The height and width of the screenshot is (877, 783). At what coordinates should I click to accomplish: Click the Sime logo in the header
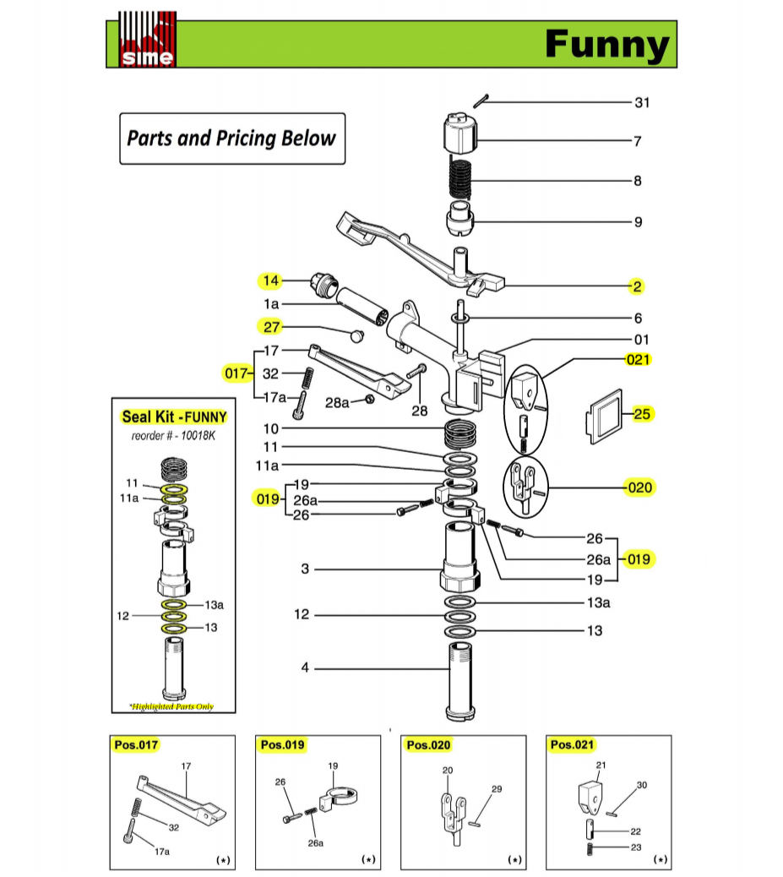(x=147, y=40)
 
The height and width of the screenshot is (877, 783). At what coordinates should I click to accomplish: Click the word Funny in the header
(x=606, y=44)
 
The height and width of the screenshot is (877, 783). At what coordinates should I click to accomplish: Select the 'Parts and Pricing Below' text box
(x=231, y=138)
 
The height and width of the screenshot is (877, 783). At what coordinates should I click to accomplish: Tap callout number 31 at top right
(x=643, y=103)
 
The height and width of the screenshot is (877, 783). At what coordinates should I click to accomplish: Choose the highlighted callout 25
(x=643, y=414)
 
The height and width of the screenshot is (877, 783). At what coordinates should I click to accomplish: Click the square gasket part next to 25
(x=604, y=415)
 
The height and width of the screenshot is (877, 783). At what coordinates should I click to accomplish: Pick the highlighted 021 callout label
(x=638, y=359)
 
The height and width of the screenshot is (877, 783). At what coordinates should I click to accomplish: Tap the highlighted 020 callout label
(x=639, y=488)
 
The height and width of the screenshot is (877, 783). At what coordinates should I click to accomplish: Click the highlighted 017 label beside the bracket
(x=235, y=373)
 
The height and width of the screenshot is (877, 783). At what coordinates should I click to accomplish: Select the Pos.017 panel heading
(x=135, y=745)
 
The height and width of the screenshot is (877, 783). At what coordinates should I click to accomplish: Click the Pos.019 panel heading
(x=281, y=745)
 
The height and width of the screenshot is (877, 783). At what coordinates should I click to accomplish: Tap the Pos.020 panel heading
(x=428, y=745)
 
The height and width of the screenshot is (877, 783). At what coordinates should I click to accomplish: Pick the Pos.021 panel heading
(x=572, y=745)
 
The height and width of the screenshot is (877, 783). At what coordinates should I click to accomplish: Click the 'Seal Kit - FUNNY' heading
(x=174, y=416)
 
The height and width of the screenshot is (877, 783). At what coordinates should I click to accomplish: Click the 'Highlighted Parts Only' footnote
(x=171, y=706)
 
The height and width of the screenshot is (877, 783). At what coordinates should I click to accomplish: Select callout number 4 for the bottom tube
(x=305, y=668)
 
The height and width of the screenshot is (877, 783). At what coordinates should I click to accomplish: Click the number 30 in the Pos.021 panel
(x=641, y=785)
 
